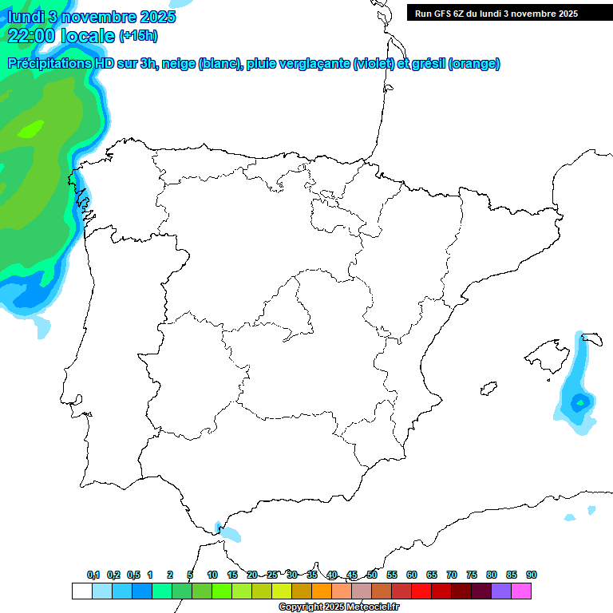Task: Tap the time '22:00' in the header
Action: coord(31,36)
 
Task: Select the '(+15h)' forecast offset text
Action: coord(139,36)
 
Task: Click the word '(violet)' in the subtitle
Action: coord(374,64)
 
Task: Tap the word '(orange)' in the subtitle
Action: coord(475,64)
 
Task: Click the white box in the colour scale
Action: coord(81,591)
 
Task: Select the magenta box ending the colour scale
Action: coord(521,591)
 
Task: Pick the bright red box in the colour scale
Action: coord(421,591)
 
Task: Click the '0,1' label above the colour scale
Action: coord(93,575)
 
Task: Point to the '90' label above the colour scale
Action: coord(532,575)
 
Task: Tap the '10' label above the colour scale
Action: coord(212,575)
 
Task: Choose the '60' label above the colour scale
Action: coord(412,575)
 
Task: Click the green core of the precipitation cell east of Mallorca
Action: coord(579,401)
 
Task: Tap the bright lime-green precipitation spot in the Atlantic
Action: coord(32,127)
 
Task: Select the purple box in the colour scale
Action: coord(501,591)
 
